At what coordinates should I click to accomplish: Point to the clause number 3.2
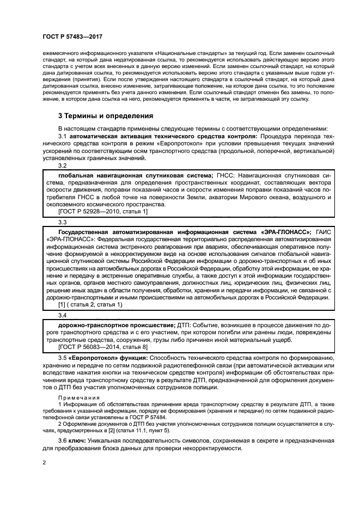pos(62,165)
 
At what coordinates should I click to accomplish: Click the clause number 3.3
pos(62,222)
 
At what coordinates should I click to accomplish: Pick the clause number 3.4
pos(62,315)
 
